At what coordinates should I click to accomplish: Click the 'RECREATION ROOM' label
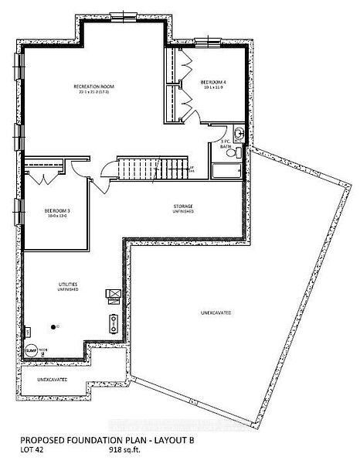[x=95, y=87]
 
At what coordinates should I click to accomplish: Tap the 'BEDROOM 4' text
[x=212, y=82]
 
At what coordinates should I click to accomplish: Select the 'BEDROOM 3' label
[x=57, y=210]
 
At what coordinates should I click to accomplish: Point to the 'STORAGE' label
[x=183, y=206]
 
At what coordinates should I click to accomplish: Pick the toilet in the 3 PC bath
[x=239, y=135]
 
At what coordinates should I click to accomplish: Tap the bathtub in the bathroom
[x=227, y=170]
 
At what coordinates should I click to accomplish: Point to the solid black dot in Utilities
[x=55, y=327]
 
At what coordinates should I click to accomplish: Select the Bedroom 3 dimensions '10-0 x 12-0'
[x=57, y=216]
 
